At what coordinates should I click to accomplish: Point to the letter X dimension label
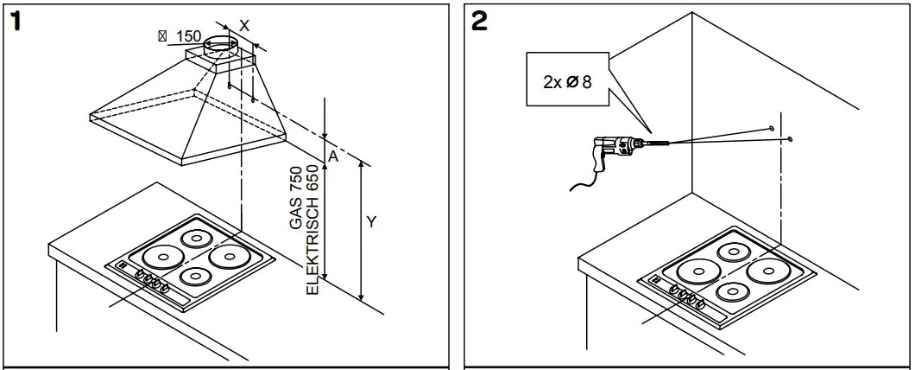click(x=244, y=26)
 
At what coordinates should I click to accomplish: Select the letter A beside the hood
click(x=331, y=156)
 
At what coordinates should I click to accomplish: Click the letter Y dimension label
click(x=371, y=223)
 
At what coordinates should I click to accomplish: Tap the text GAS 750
click(x=297, y=198)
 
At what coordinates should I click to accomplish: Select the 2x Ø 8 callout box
click(x=569, y=82)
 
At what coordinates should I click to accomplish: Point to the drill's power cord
click(x=584, y=180)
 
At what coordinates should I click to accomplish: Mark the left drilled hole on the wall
click(x=769, y=127)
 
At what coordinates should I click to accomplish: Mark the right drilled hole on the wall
click(x=790, y=137)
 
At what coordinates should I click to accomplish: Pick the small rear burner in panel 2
click(x=735, y=252)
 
